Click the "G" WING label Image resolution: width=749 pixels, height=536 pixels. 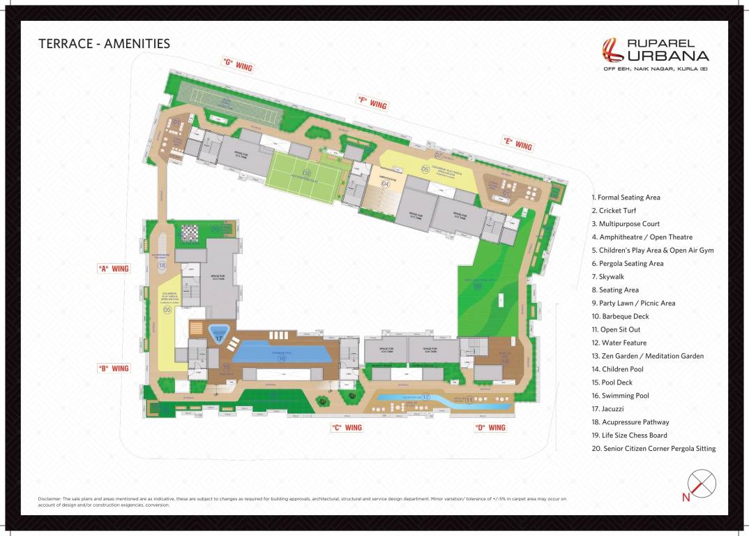click(237, 64)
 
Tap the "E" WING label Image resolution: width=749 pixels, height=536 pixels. click(517, 144)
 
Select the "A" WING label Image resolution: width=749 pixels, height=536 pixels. click(113, 268)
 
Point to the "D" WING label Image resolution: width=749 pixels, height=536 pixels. click(490, 428)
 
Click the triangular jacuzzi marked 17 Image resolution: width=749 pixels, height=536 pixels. click(219, 334)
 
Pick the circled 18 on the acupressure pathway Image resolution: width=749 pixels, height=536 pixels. click(162, 265)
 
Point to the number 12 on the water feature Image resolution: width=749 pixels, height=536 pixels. click(426, 397)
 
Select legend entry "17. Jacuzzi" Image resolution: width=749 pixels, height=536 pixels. click(607, 409)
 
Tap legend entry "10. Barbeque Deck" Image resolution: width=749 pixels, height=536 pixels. click(620, 316)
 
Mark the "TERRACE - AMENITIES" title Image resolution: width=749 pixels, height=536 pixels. click(104, 43)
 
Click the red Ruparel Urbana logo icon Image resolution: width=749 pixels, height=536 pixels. click(613, 50)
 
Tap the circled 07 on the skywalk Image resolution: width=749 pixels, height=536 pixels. click(439, 155)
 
